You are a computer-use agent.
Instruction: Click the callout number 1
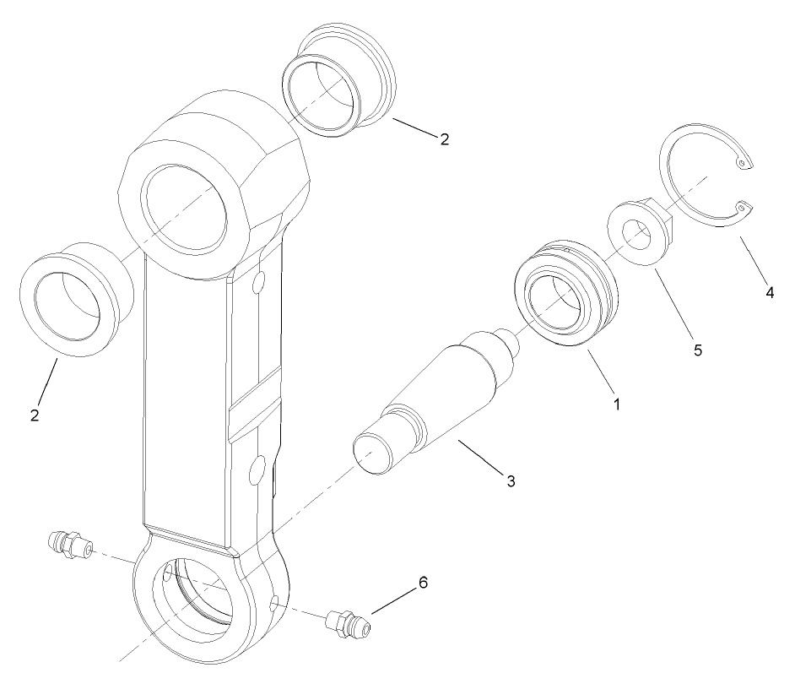click(617, 404)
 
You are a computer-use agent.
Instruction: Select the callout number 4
click(769, 292)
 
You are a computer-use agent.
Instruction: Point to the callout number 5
click(698, 349)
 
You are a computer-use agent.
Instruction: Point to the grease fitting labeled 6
click(347, 626)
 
